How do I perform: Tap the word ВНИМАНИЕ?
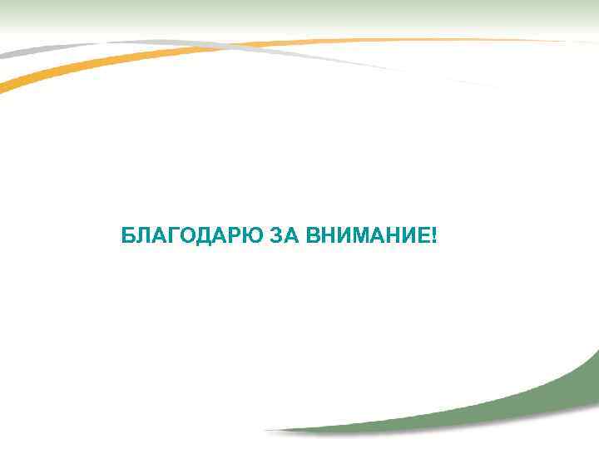click(x=366, y=237)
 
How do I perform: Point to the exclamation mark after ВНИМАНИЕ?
click(x=433, y=237)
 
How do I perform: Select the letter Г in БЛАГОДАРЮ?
click(x=172, y=237)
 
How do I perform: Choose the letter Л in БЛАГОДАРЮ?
click(x=142, y=237)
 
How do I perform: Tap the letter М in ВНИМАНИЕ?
click(x=359, y=237)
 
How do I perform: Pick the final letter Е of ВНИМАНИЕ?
click(x=422, y=237)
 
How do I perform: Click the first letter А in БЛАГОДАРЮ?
click(x=158, y=237)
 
